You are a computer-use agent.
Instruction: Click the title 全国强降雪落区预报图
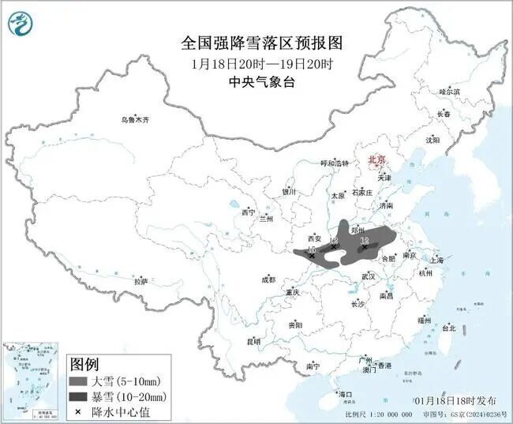[256, 41]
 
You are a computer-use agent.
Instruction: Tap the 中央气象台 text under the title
[256, 81]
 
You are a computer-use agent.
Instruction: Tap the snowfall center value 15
[312, 249]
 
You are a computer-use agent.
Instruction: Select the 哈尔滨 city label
[449, 92]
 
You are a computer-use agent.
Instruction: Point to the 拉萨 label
[140, 281]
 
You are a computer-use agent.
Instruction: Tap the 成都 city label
[268, 280]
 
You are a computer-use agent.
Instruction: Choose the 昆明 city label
[253, 341]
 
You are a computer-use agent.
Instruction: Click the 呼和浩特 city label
[333, 163]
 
